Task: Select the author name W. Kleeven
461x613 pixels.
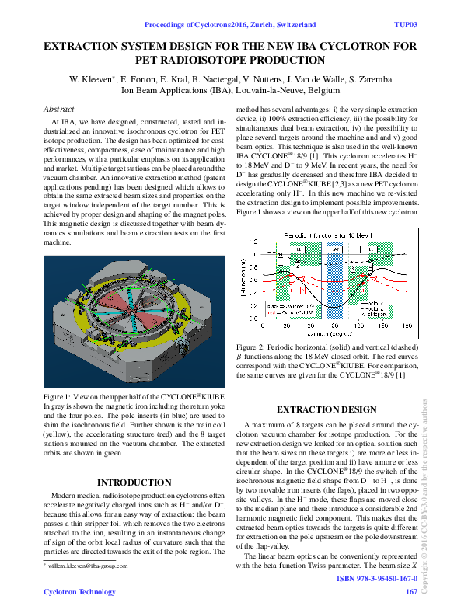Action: [92, 79]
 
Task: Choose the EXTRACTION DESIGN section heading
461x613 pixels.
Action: [327, 409]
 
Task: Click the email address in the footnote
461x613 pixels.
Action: [86, 567]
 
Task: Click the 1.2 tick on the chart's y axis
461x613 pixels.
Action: [253, 242]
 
